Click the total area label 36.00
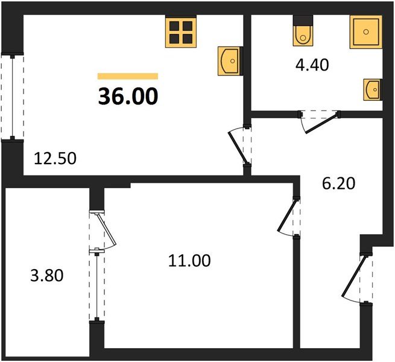point(128,96)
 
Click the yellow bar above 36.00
point(128,76)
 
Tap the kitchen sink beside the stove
point(229,60)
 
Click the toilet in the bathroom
point(302,33)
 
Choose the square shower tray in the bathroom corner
point(365,33)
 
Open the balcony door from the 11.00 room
point(104,230)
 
